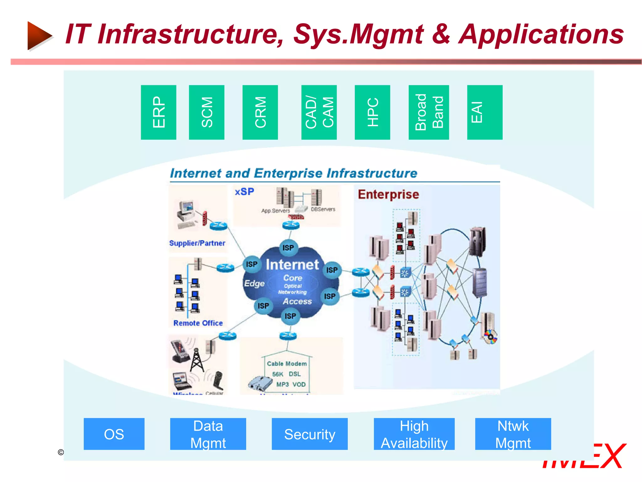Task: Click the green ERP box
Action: (158, 112)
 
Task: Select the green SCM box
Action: (207, 112)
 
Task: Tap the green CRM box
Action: (260, 112)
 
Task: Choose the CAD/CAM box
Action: (319, 112)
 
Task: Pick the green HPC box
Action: (372, 112)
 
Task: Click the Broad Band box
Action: (429, 112)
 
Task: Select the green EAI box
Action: (484, 112)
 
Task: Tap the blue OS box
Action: (114, 434)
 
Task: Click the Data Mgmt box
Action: (208, 434)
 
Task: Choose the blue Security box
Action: (309, 434)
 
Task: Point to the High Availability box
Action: (414, 434)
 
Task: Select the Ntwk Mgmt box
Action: (513, 434)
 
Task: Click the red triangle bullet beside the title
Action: (39, 35)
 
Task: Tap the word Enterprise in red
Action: (388, 194)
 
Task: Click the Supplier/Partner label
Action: (197, 243)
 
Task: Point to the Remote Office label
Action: (198, 323)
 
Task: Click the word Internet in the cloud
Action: (292, 265)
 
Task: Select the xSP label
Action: (245, 191)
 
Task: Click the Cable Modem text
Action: (287, 363)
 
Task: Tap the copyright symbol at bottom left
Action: (61, 452)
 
